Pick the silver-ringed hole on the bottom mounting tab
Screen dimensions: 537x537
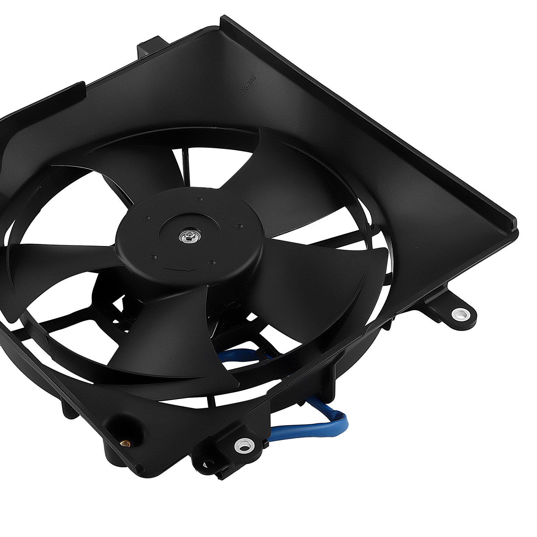pyautogui.click(x=243, y=446)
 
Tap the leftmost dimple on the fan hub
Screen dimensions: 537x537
pyautogui.click(x=144, y=218)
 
